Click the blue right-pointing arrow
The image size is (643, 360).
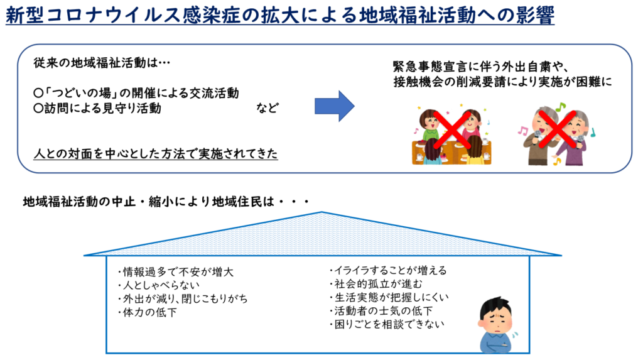pyautogui.click(x=334, y=106)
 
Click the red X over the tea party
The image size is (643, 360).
pyautogui.click(x=452, y=129)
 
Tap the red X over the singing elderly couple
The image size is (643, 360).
pyautogui.click(x=557, y=129)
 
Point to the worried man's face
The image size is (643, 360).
pyautogui.click(x=496, y=319)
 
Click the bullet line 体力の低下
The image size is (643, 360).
pyautogui.click(x=147, y=312)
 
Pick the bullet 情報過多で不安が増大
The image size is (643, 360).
pyautogui.click(x=175, y=272)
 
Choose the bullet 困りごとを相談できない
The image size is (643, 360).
pyautogui.click(x=387, y=324)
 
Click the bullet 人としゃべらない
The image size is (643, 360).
pyautogui.click(x=158, y=285)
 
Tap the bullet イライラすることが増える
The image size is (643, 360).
pyautogui.click(x=388, y=270)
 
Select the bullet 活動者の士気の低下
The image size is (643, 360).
pyautogui.click(x=381, y=311)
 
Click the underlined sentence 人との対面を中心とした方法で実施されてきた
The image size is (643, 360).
pyautogui.click(x=156, y=153)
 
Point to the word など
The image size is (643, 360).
pyautogui.click(x=267, y=108)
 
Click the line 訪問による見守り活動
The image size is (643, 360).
pyautogui.click(x=97, y=108)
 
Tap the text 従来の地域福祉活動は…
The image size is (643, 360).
pyautogui.click(x=102, y=63)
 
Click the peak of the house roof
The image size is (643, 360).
pyautogui.click(x=322, y=212)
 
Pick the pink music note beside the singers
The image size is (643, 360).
pyautogui.click(x=522, y=131)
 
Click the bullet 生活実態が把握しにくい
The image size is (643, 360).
pyautogui.click(x=389, y=297)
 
